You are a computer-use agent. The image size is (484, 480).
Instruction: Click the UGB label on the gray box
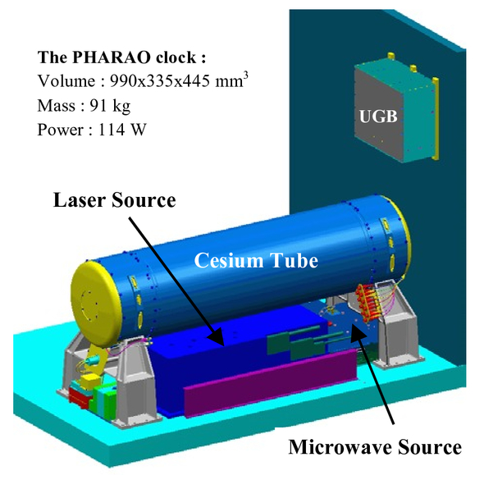point(378,117)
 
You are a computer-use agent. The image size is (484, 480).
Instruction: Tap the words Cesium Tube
point(256,261)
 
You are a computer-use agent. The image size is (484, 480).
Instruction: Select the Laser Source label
point(115,200)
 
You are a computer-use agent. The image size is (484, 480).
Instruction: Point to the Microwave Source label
point(375,447)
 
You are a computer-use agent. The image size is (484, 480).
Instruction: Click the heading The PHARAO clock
point(121,57)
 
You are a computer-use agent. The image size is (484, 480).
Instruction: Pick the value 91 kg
point(110,106)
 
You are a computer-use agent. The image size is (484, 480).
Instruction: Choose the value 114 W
point(122,130)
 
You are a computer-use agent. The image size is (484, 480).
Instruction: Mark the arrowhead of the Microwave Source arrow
point(357,331)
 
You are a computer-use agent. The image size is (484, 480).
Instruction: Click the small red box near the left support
point(79,396)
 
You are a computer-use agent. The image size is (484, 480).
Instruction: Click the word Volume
point(66,81)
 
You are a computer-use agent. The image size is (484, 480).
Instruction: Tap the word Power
point(61,130)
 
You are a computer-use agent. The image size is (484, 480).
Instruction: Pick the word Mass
point(56,106)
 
